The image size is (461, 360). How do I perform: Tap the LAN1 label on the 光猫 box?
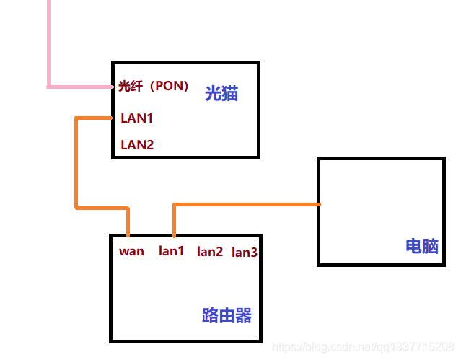tap(136, 118)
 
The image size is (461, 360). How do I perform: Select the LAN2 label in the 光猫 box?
tap(137, 144)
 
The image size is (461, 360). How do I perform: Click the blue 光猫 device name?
tap(221, 94)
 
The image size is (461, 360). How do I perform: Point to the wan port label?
tap(131, 251)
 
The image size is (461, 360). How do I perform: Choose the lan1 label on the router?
tap(172, 251)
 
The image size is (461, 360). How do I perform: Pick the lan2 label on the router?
tap(210, 252)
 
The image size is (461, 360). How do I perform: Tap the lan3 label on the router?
tap(245, 252)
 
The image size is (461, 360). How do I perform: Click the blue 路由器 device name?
tap(227, 315)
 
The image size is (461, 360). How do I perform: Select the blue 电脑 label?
tap(422, 246)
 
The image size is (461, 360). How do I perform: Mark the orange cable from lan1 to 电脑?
tap(245, 205)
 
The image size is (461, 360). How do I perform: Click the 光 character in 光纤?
tap(124, 87)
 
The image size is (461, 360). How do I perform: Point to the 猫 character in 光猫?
tap(230, 94)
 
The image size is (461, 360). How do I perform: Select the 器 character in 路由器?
tap(243, 315)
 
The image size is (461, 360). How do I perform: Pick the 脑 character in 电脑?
tap(430, 246)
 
